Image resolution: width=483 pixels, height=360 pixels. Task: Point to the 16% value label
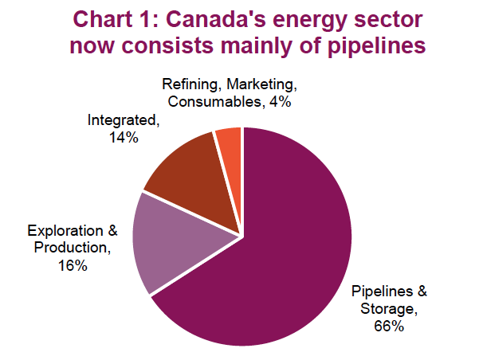pyautogui.click(x=72, y=265)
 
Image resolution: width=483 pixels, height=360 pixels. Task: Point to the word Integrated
pyautogui.click(x=123, y=121)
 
